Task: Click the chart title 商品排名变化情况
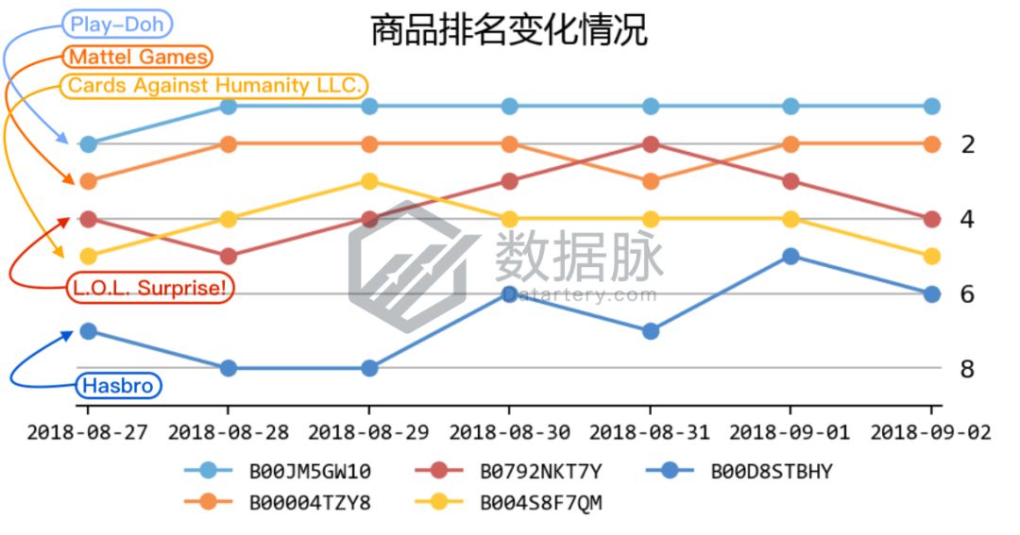[x=508, y=30]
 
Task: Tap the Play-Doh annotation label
[x=117, y=25]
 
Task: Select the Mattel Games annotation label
[x=138, y=57]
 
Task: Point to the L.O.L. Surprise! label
[x=150, y=288]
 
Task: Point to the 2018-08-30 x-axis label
[x=509, y=432]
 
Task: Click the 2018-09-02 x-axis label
[x=931, y=432]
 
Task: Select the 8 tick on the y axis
[x=967, y=368]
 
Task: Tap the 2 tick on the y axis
[x=967, y=144]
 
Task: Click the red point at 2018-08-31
[x=650, y=143]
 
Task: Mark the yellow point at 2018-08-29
[x=369, y=181]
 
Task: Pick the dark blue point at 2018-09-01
[x=791, y=256]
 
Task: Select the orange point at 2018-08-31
[x=650, y=181]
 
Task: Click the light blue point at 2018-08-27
[x=88, y=143]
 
